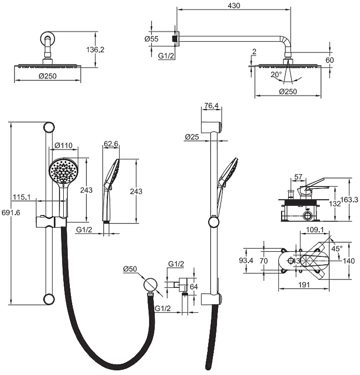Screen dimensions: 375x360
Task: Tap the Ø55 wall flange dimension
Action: click(151, 39)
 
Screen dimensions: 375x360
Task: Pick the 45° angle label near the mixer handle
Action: click(337, 248)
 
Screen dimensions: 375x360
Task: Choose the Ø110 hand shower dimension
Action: click(63, 146)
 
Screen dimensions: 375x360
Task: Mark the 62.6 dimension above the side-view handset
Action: click(111, 144)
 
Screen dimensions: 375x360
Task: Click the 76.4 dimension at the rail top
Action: click(212, 106)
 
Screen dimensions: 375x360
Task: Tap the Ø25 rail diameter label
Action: click(192, 137)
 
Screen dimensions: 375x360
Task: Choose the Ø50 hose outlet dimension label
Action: click(130, 269)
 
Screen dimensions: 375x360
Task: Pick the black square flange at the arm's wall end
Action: click(176, 38)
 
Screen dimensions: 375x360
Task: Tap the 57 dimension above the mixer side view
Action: click(299, 177)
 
